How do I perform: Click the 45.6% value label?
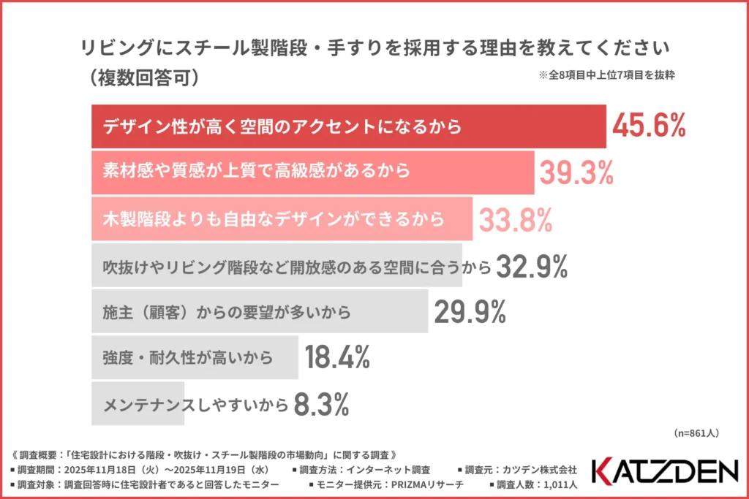coord(649,126)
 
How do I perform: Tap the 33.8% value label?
coord(514,219)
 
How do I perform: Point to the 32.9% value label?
coord(532,268)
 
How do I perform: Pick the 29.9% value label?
coord(470,313)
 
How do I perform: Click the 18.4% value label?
coord(337,358)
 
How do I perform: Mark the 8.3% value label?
coord(320,403)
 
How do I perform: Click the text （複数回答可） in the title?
coord(142,77)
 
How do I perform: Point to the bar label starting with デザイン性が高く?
coord(282,126)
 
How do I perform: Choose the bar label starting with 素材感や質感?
coord(256,172)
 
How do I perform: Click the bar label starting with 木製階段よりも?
coord(274,219)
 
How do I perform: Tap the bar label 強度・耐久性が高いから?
coord(187,358)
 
